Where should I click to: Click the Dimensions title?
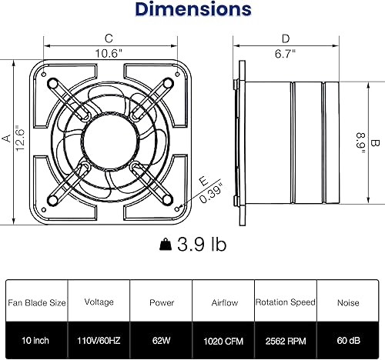point(192,10)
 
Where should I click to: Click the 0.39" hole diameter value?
point(211,190)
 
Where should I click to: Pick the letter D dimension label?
point(286,38)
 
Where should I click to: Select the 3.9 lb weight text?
point(202,245)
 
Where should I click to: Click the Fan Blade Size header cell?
point(35,303)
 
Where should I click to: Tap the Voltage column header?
point(99,303)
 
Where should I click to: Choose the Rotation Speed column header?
point(286,303)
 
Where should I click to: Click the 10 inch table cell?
point(35,338)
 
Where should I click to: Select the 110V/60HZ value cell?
point(99,338)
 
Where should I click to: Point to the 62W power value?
point(160,338)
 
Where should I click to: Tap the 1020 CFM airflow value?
point(223,338)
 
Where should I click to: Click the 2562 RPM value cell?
point(286,338)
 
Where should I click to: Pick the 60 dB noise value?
point(348,338)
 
